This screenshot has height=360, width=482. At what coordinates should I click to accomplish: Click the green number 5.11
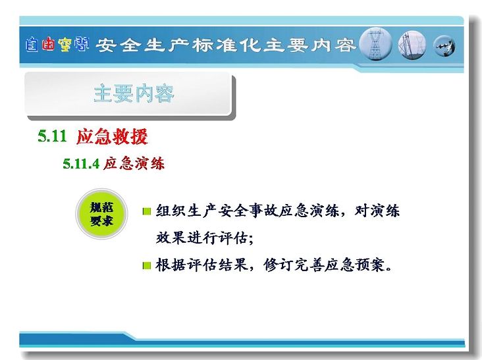click(x=52, y=136)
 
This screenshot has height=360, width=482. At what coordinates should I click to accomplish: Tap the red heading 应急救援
click(x=112, y=136)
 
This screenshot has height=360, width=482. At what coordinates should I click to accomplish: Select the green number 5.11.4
click(x=81, y=163)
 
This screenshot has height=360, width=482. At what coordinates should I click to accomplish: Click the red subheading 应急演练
click(x=134, y=163)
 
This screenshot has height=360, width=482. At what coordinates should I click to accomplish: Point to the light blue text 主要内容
click(x=134, y=93)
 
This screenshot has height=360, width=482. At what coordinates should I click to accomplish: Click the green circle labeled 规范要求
click(x=101, y=214)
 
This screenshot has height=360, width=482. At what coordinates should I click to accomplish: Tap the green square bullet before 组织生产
click(x=147, y=211)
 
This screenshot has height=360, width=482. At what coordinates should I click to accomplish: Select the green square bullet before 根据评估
click(x=147, y=265)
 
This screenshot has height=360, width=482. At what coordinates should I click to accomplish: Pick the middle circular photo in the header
click(x=412, y=45)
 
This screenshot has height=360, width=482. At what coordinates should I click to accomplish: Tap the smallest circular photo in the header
click(x=444, y=46)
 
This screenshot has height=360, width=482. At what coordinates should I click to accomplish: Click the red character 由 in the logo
click(x=48, y=44)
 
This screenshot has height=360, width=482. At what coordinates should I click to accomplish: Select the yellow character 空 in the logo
click(x=65, y=45)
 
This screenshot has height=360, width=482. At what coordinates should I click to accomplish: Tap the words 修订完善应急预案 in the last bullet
click(x=324, y=265)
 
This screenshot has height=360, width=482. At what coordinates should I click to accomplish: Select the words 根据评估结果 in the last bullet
click(x=201, y=265)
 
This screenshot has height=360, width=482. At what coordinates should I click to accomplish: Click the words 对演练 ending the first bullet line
click(x=377, y=211)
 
